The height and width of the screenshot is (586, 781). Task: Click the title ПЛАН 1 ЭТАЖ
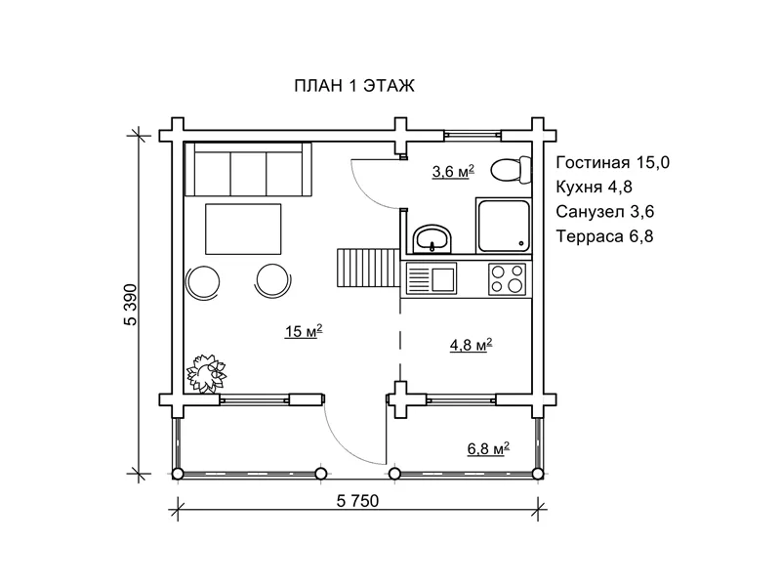pyautogui.click(x=354, y=86)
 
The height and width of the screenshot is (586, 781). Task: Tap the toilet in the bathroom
pyautogui.click(x=511, y=170)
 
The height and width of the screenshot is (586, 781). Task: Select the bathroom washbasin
pyautogui.click(x=432, y=239)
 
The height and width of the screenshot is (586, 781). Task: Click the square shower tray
pyautogui.click(x=504, y=226)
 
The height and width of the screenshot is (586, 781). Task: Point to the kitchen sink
pyautogui.click(x=432, y=279)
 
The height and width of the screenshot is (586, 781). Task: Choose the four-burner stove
pyautogui.click(x=507, y=278)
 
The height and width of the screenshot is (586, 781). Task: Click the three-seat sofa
pyautogui.click(x=248, y=169)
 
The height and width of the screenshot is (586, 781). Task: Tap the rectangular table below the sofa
pyautogui.click(x=243, y=230)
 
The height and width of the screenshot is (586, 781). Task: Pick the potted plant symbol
pyautogui.click(x=206, y=374)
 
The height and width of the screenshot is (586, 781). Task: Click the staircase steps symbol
pyautogui.click(x=369, y=268)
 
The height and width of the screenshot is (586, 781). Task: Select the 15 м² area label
pyautogui.click(x=304, y=331)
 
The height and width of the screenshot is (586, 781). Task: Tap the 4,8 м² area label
pyautogui.click(x=472, y=345)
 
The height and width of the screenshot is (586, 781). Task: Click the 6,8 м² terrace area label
pyautogui.click(x=488, y=448)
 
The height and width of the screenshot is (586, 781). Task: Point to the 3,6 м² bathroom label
pyautogui.click(x=453, y=172)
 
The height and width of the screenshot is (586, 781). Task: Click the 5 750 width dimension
pyautogui.click(x=357, y=501)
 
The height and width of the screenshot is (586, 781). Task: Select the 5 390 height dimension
pyautogui.click(x=131, y=305)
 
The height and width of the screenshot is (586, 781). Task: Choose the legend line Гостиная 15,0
pyautogui.click(x=613, y=162)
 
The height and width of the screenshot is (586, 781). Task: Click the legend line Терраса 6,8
pyautogui.click(x=604, y=235)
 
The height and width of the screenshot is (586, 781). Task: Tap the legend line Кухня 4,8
pyautogui.click(x=595, y=187)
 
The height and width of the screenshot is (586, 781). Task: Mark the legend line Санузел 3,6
pyautogui.click(x=604, y=211)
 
